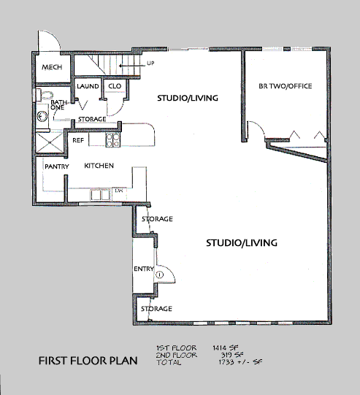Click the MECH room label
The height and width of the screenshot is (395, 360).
52,67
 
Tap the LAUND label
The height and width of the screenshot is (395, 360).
88,86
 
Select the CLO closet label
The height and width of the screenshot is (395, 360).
115,86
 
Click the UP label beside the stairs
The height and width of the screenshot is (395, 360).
150,63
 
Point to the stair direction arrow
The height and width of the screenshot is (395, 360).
132,66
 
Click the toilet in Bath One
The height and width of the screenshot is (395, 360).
45,95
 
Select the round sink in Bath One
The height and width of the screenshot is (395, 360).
42,116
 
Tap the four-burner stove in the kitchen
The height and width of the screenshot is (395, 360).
112,140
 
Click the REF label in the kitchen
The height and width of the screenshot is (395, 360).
78,140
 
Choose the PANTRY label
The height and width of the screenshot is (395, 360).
57,166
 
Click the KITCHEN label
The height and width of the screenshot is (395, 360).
99,166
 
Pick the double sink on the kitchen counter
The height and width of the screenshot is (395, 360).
100,195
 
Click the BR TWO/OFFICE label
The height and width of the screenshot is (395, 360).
286,86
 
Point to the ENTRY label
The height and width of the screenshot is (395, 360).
144,269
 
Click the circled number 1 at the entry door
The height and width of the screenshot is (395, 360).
160,275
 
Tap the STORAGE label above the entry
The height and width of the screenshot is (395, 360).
157,219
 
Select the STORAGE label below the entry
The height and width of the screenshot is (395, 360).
156,309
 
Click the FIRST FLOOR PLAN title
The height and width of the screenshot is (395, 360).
88,361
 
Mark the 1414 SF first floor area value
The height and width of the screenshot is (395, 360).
226,348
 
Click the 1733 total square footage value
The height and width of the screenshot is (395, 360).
226,362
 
